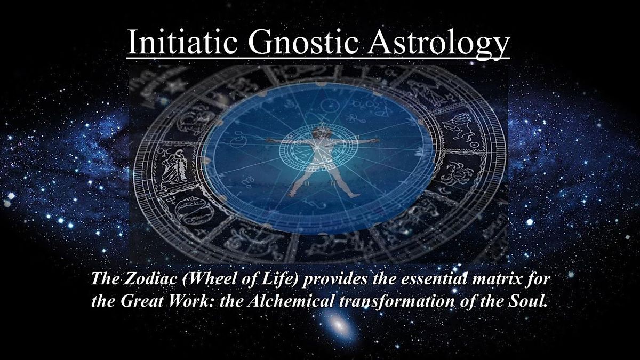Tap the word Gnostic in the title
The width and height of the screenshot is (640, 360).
coord(303,41)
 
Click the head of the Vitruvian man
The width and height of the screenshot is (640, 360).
coord(319,133)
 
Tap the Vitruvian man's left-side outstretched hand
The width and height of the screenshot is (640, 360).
coord(269,140)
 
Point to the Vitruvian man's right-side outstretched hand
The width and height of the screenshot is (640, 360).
coord(374,140)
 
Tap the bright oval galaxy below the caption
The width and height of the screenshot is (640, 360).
coord(339,325)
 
